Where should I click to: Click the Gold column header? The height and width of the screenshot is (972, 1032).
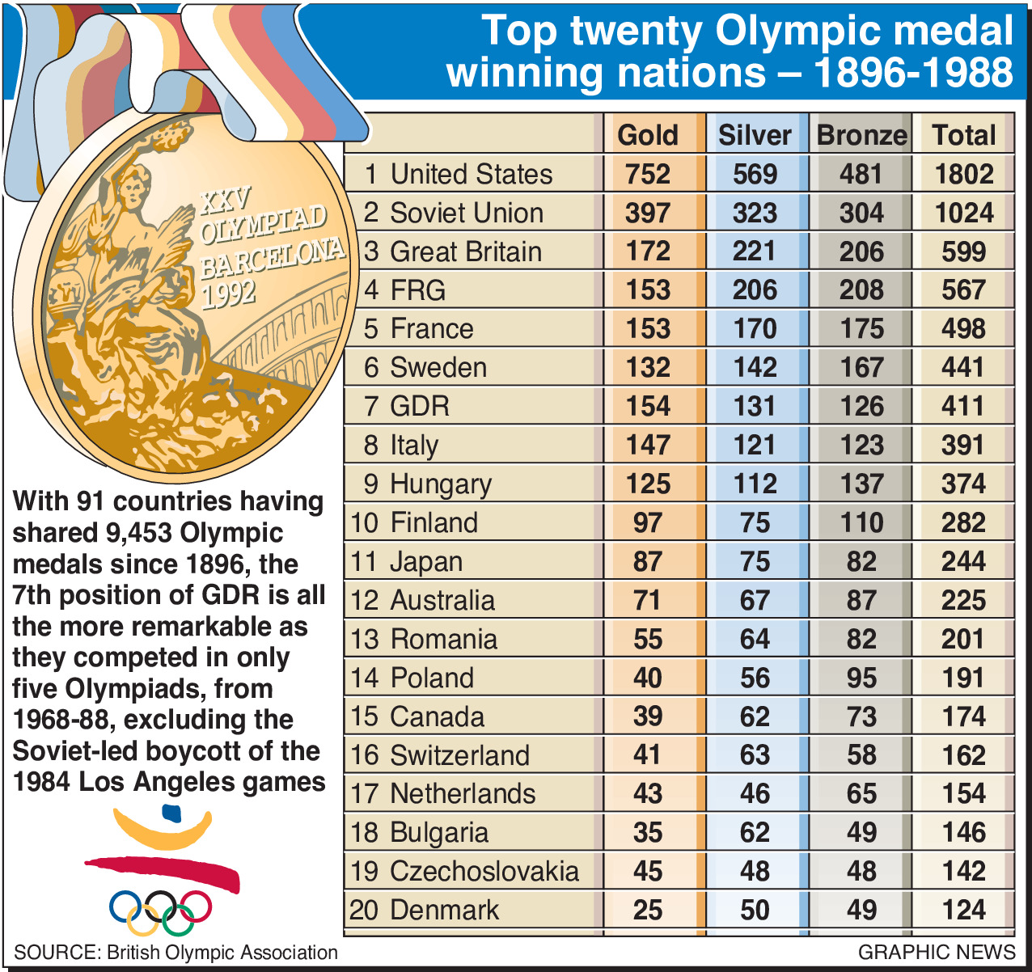(648, 135)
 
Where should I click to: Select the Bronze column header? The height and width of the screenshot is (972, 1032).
(861, 135)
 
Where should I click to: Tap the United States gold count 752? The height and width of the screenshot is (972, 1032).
(648, 174)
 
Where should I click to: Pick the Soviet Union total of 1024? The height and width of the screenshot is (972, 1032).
(963, 213)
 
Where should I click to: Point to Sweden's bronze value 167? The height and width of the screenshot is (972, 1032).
(861, 367)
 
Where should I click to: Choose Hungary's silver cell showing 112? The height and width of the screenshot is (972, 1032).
(755, 484)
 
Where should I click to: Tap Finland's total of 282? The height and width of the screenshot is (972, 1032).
(963, 522)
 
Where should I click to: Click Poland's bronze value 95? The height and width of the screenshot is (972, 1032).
(861, 678)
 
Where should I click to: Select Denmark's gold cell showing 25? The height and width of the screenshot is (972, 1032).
(648, 910)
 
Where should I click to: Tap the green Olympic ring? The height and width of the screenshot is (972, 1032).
(178, 918)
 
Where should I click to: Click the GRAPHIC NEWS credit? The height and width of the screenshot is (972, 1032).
(937, 952)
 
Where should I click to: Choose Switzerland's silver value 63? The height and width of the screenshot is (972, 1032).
(755, 755)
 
